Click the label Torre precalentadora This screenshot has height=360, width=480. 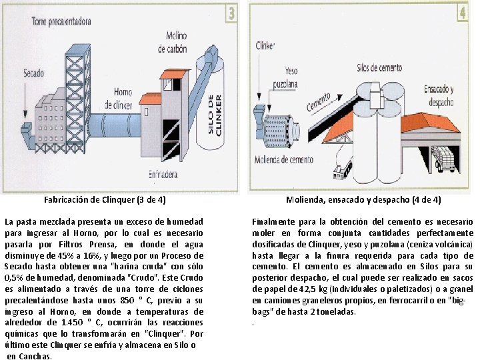point(61,21)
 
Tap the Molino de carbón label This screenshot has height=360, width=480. point(173,42)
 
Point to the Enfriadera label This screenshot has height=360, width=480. point(163,175)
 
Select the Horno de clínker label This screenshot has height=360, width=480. point(119,98)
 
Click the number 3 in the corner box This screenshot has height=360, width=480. point(232,13)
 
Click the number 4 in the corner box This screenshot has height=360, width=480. point(463,13)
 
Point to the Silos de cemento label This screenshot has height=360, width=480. point(379,67)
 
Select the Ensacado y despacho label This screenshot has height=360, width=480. point(439,95)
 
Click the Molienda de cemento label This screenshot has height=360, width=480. point(284,159)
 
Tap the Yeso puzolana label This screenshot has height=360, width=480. point(285,77)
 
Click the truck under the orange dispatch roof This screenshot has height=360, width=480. point(446,159)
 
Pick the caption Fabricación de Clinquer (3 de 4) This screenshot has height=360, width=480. point(105,200)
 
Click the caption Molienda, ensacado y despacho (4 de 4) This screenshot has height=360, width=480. point(363,200)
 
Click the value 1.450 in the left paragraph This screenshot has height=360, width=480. point(72,323)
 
